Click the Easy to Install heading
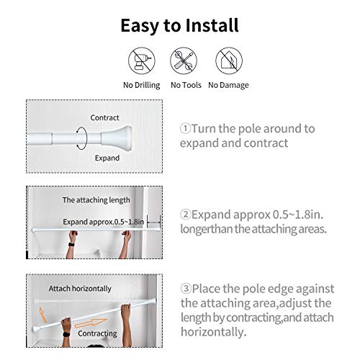179,26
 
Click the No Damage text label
228,85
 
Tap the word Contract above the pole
104,117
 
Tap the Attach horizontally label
80,288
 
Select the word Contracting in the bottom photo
96,333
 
